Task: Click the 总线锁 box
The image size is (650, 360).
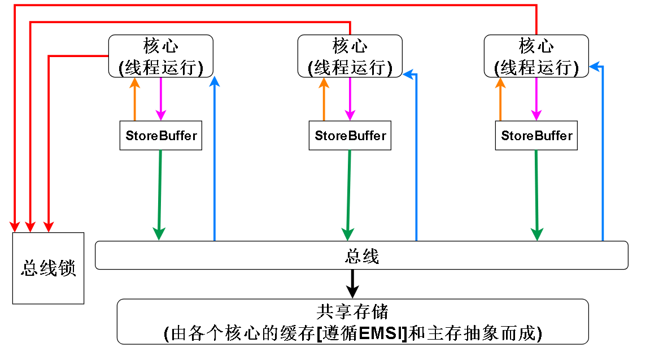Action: (x=48, y=268)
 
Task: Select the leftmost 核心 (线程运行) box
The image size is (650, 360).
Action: (x=160, y=56)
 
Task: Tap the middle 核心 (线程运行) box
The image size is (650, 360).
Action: (x=350, y=56)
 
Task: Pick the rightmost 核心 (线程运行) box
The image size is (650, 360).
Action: (x=536, y=56)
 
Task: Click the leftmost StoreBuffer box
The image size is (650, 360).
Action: (x=160, y=136)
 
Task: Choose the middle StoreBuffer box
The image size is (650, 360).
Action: (x=350, y=136)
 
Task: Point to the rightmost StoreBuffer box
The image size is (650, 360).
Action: (x=536, y=136)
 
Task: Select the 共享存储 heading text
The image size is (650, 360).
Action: (x=352, y=312)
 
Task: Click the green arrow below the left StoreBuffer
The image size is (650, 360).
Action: (x=160, y=192)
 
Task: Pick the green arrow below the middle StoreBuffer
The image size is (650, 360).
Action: (x=348, y=192)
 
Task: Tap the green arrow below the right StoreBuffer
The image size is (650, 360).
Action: (x=536, y=192)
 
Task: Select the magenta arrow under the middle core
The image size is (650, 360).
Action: (x=350, y=99)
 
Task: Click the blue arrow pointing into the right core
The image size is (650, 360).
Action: (x=603, y=153)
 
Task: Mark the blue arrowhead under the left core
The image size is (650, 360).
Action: (x=215, y=82)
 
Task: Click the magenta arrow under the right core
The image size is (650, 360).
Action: (x=536, y=99)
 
